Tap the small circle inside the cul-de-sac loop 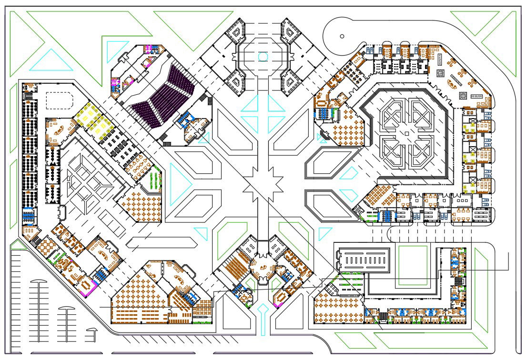coord(342,36)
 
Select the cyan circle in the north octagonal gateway coord(263,57)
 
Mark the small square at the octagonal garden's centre coord(406,134)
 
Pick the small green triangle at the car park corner coord(15,245)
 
